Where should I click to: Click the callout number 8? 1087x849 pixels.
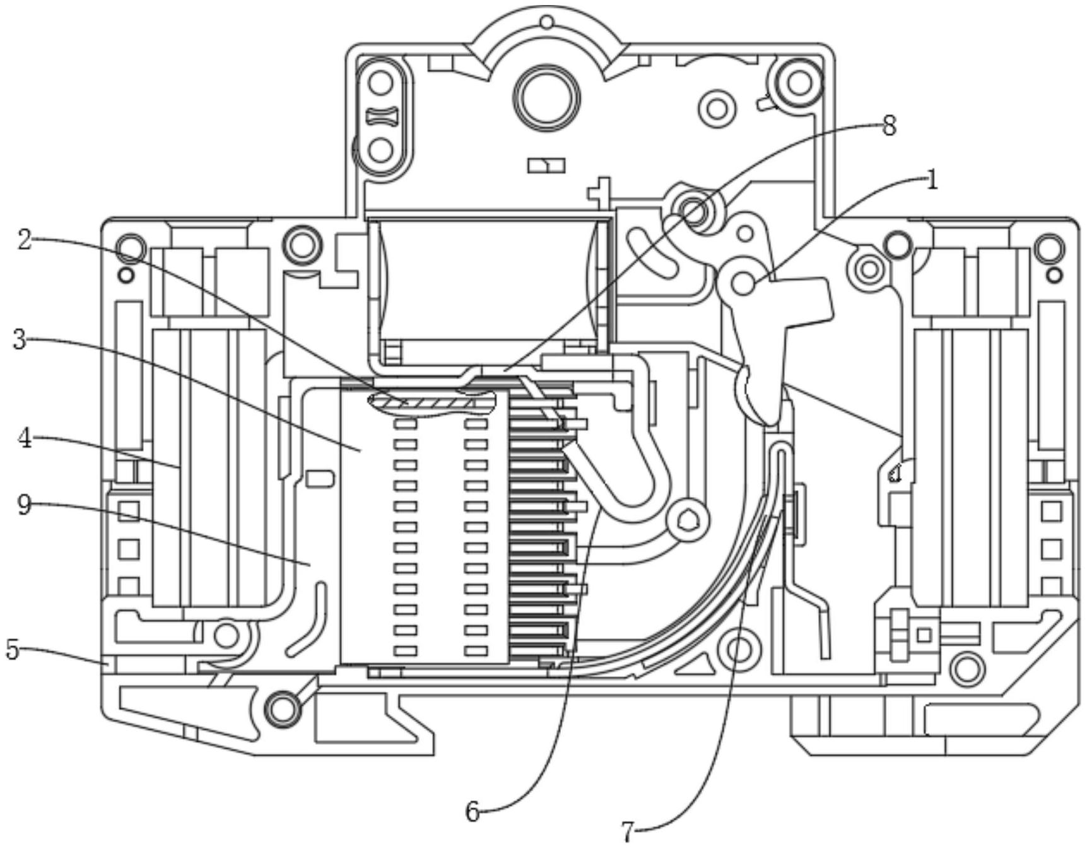click(889, 126)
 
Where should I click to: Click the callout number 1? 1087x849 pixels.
click(932, 181)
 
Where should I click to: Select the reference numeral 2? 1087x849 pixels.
click(24, 240)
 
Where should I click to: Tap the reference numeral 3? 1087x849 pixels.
click(20, 341)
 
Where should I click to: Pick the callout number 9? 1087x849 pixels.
click(24, 505)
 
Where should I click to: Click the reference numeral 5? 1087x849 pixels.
click(13, 650)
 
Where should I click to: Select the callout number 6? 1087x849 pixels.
click(473, 812)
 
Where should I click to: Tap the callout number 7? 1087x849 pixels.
click(626, 833)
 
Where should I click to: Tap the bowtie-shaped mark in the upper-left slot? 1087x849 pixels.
click(380, 116)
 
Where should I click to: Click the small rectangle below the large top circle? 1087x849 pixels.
click(546, 165)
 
